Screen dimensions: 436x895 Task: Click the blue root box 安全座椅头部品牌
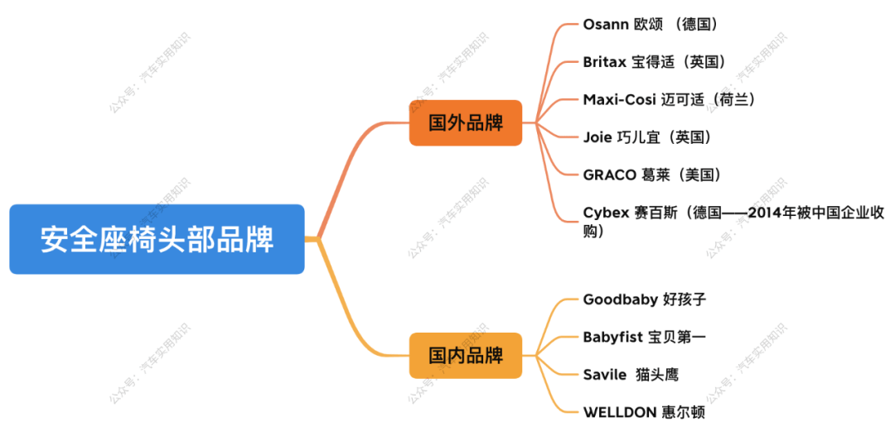[x=157, y=240]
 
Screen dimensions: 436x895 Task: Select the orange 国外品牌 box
[x=465, y=123]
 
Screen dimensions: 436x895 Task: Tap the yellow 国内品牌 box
[x=465, y=356]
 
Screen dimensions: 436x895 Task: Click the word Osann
[x=606, y=24]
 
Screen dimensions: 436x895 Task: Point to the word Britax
[x=604, y=62]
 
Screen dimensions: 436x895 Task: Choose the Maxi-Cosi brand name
[x=619, y=99]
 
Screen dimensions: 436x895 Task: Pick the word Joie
[x=598, y=137]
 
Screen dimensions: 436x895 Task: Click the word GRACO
[x=609, y=175]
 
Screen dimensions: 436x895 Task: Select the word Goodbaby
[x=620, y=299]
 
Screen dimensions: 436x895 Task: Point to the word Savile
[x=605, y=375]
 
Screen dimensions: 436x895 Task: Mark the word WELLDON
[x=618, y=412]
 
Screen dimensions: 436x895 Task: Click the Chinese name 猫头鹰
[x=657, y=375]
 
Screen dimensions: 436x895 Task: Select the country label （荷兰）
[x=732, y=99]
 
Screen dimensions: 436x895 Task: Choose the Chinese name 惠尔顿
[x=684, y=412]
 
